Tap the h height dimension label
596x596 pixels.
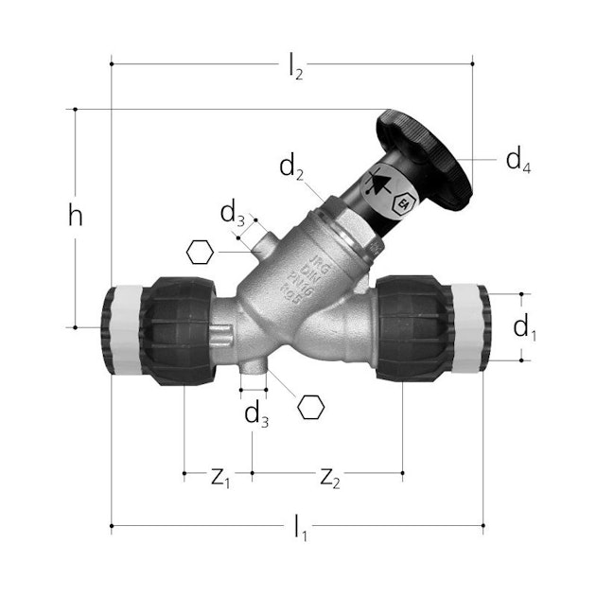coord(76,216)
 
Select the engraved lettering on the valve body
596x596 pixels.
coord(327,271)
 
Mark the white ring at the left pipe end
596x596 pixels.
coord(120,326)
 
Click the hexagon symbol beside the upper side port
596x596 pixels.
coord(200,253)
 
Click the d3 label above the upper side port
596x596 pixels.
coord(233,214)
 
